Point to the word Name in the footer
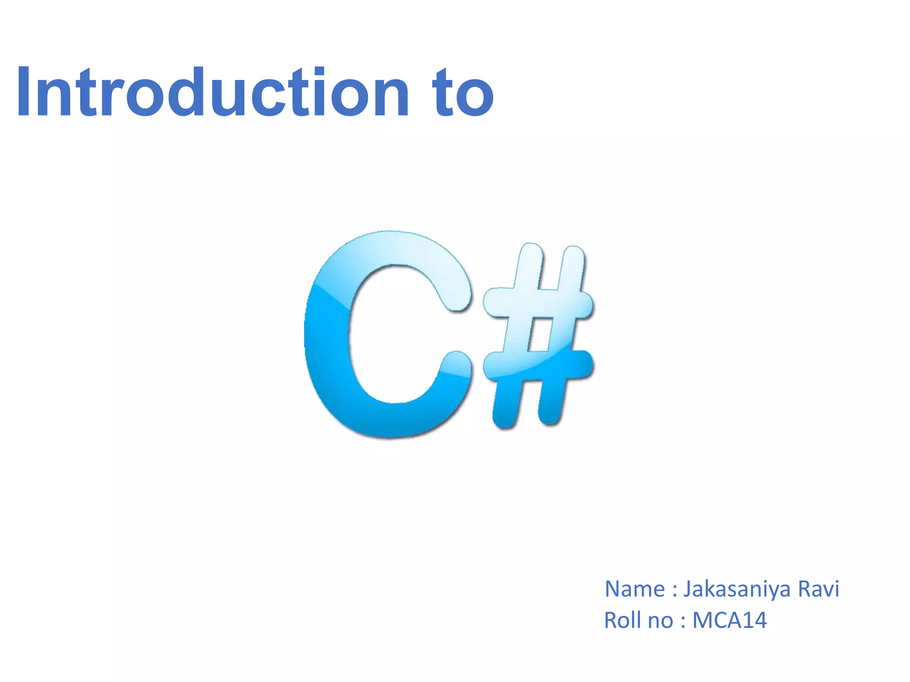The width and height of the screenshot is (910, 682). [x=635, y=590]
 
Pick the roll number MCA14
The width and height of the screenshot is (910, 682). [x=730, y=620]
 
